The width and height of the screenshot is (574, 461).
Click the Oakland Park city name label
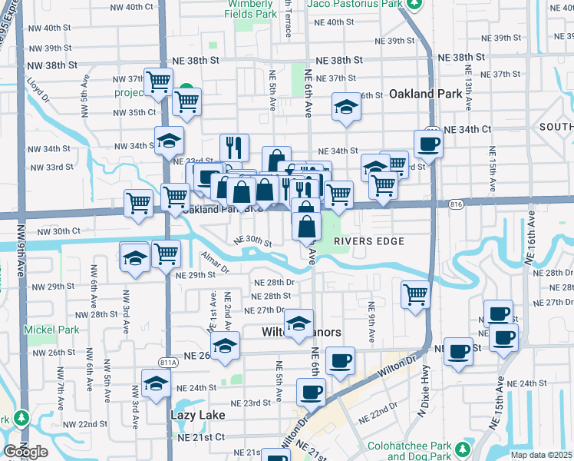coord(430,95)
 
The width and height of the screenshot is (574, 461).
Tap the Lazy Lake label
coord(196,416)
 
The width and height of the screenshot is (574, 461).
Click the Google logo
coord(25,452)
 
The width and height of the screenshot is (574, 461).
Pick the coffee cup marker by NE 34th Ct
coord(428,143)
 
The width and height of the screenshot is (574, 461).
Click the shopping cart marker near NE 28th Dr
coord(415,294)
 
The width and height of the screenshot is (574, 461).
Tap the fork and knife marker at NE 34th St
coord(235,147)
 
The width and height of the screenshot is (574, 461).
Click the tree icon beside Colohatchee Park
coord(463,449)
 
